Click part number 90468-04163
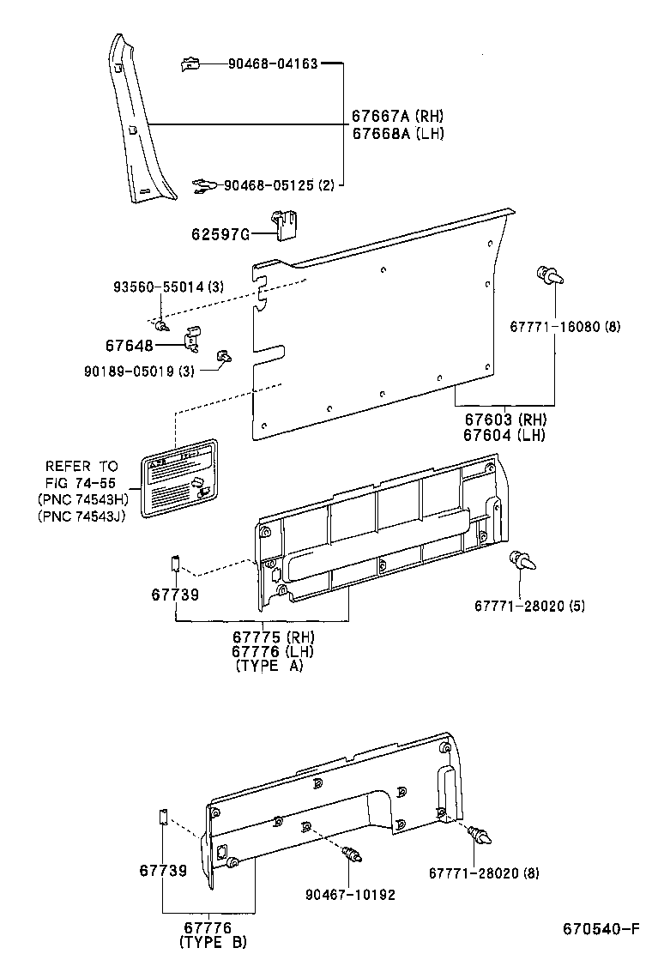pos(273,63)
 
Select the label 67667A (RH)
pos(397,116)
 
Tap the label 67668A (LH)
pos(397,133)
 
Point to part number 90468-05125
pos(269,185)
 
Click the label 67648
pos(130,346)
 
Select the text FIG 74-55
pos(81,483)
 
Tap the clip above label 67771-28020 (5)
pos(522,562)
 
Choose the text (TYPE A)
pos(268,667)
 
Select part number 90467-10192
pos(350,895)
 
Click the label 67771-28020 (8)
pos(484,872)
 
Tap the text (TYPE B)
pos(213,942)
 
